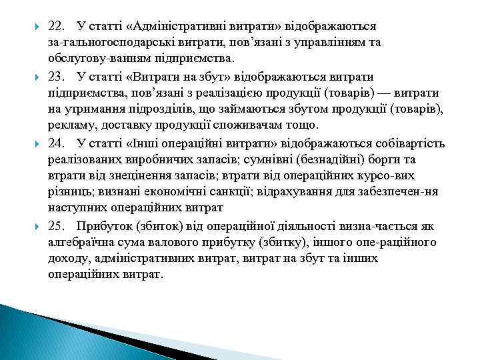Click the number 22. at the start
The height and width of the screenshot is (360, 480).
[x=58, y=27]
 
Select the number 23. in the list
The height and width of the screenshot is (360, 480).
[x=58, y=76]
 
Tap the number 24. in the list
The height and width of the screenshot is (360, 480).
[x=58, y=143]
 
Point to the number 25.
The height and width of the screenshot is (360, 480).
[x=58, y=225]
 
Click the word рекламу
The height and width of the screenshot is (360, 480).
[x=70, y=126]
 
